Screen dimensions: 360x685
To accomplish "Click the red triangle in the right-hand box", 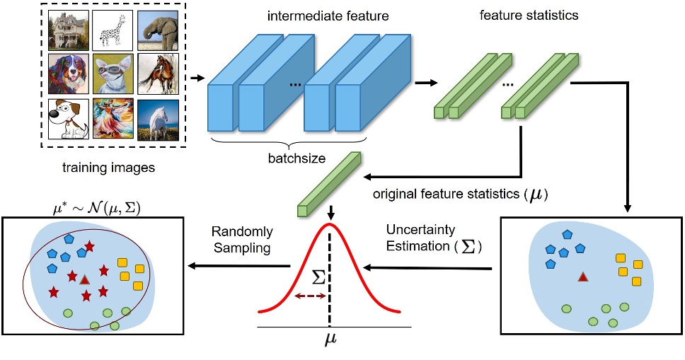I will (583, 277).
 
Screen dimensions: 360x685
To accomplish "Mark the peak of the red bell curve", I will (330, 224).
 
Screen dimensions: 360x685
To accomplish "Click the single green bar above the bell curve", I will (330, 182).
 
